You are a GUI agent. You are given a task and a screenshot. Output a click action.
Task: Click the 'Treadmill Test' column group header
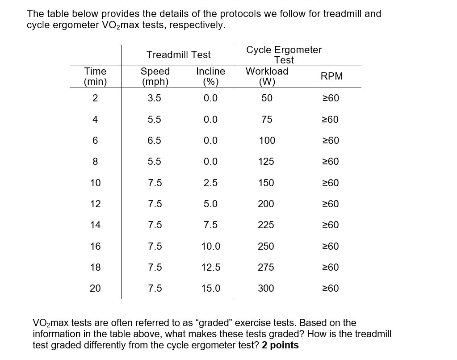click(x=179, y=55)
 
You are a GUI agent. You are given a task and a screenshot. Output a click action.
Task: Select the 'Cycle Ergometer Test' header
click(x=284, y=55)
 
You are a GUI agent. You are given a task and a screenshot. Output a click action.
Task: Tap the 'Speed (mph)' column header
click(x=155, y=76)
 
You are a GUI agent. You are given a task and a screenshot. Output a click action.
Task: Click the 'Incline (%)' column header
click(x=210, y=76)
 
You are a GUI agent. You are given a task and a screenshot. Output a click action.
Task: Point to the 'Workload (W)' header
click(x=267, y=76)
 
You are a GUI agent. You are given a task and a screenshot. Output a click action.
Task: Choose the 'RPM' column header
click(x=332, y=76)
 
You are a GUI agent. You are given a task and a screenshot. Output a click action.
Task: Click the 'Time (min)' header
click(x=95, y=76)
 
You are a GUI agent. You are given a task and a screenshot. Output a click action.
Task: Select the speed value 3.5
click(x=155, y=98)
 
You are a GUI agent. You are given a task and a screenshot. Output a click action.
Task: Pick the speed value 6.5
click(x=155, y=141)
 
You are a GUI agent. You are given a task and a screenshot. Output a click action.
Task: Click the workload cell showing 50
click(x=267, y=98)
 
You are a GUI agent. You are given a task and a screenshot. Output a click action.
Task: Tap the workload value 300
click(x=266, y=289)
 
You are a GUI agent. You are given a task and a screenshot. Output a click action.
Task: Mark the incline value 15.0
click(x=210, y=289)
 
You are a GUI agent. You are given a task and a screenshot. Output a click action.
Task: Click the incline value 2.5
click(x=210, y=183)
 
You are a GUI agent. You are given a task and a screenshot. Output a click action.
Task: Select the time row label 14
click(x=95, y=225)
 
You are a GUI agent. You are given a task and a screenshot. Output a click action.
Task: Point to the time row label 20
click(x=95, y=289)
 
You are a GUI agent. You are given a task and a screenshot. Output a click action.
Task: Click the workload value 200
click(x=266, y=204)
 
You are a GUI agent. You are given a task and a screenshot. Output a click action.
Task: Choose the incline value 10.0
click(x=210, y=247)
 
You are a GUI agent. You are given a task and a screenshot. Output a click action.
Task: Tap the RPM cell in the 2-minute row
click(x=331, y=98)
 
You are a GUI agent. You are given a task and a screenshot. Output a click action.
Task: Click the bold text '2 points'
click(x=281, y=345)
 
